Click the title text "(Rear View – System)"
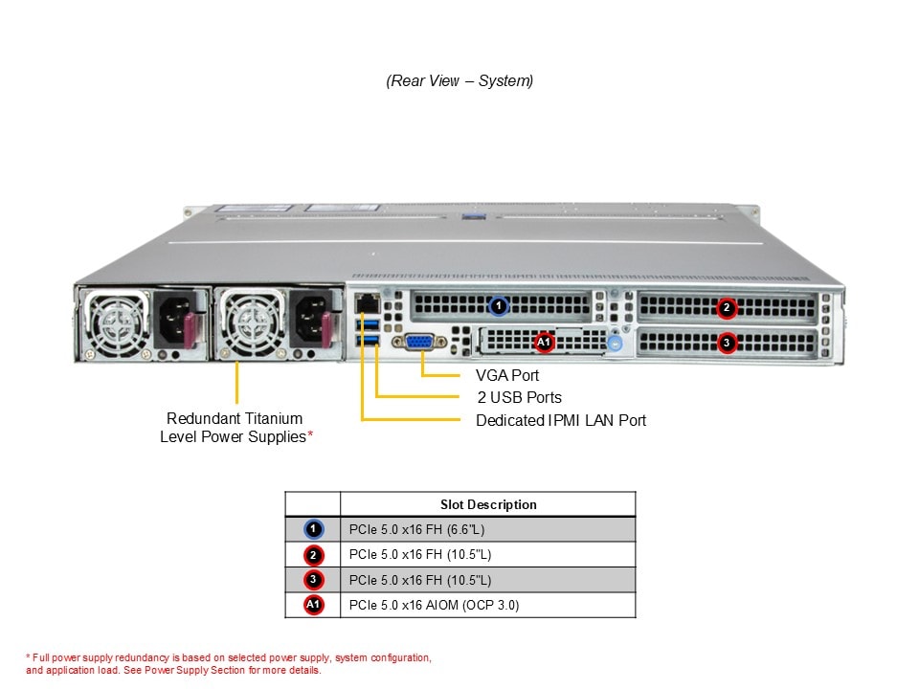pos(459,81)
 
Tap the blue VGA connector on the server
pos(422,343)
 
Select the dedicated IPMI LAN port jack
pos(365,303)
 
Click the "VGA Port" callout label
pos(507,375)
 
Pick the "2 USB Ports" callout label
pos(519,397)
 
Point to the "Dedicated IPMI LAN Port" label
pos(561,420)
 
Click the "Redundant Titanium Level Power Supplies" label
pos(235,428)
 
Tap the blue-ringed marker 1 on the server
pos(498,306)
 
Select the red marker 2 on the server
pos(727,307)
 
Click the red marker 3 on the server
pos(727,342)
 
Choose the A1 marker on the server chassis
pos(543,342)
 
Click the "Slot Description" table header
pos(488,504)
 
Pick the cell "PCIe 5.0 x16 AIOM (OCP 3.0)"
pos(434,605)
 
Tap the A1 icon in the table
pos(314,605)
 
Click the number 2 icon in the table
pos(314,555)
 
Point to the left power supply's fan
pos(116,319)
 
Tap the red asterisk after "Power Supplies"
pos(309,436)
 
